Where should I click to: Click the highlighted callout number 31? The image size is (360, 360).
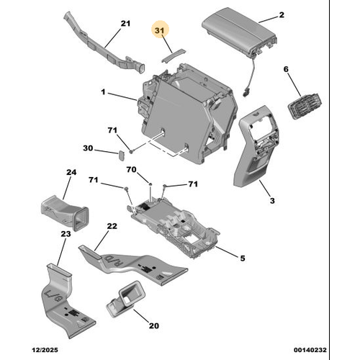[160, 30]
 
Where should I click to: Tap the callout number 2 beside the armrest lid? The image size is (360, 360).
[282, 15]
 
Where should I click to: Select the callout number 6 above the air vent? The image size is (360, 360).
[286, 69]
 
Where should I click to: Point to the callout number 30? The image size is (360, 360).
[88, 148]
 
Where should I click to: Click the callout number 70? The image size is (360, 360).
[132, 170]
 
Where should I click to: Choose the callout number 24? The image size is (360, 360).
[71, 172]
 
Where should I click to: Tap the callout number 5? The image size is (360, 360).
[243, 258]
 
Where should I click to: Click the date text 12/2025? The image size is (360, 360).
[45, 350]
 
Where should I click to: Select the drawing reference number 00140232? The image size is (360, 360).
[310, 350]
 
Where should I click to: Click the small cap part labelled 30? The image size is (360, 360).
[121, 156]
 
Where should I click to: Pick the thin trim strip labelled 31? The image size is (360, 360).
[173, 55]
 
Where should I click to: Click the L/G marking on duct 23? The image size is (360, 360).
[53, 296]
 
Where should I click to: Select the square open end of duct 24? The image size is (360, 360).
[81, 218]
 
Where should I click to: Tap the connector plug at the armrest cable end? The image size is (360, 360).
[246, 92]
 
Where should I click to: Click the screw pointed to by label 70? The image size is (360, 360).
[150, 184]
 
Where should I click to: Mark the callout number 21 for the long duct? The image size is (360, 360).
[125, 24]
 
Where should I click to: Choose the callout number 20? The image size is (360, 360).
[154, 325]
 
